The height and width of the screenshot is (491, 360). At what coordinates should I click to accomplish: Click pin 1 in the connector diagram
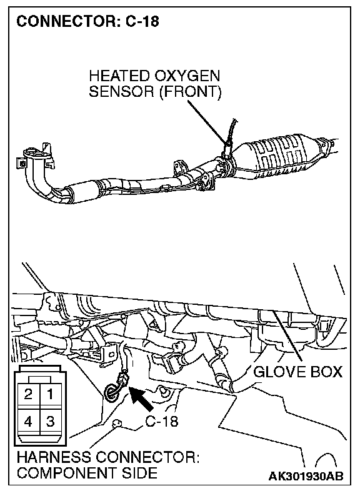click(50, 394)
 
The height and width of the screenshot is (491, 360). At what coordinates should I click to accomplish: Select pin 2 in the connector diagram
click(28, 394)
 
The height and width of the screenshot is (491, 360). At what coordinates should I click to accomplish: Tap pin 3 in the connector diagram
click(50, 421)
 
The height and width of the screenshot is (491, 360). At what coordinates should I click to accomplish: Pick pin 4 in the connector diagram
click(28, 421)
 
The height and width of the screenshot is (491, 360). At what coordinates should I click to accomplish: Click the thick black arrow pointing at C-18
click(141, 399)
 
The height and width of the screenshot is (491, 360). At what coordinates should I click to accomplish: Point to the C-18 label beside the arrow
click(162, 422)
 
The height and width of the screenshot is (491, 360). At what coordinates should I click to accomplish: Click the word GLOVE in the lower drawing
click(279, 372)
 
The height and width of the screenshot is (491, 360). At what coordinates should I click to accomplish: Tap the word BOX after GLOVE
click(326, 372)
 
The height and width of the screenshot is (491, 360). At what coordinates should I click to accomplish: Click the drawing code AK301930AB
click(306, 476)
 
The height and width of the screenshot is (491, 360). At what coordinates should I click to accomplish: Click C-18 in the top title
click(142, 22)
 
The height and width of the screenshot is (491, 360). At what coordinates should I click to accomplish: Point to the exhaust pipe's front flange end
click(33, 157)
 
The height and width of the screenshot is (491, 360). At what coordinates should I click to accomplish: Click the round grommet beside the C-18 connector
click(110, 392)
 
